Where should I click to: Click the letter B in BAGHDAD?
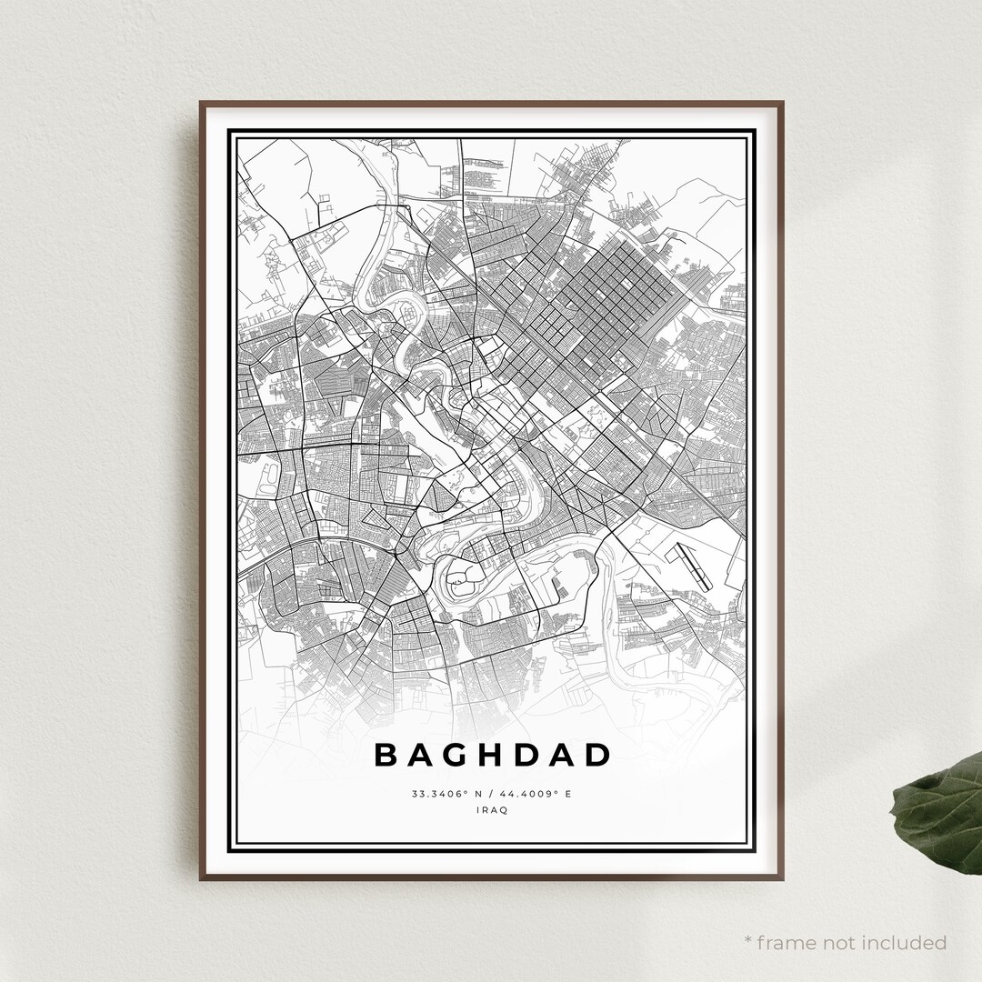[386, 755]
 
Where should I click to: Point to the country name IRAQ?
[491, 810]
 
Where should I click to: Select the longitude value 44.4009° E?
[536, 794]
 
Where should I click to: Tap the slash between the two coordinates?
[492, 794]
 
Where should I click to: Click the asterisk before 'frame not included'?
[747, 941]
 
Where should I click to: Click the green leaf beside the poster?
[941, 814]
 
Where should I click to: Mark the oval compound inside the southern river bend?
[460, 575]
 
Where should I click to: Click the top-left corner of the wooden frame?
[202, 103]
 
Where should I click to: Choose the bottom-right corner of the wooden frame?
[782, 878]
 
